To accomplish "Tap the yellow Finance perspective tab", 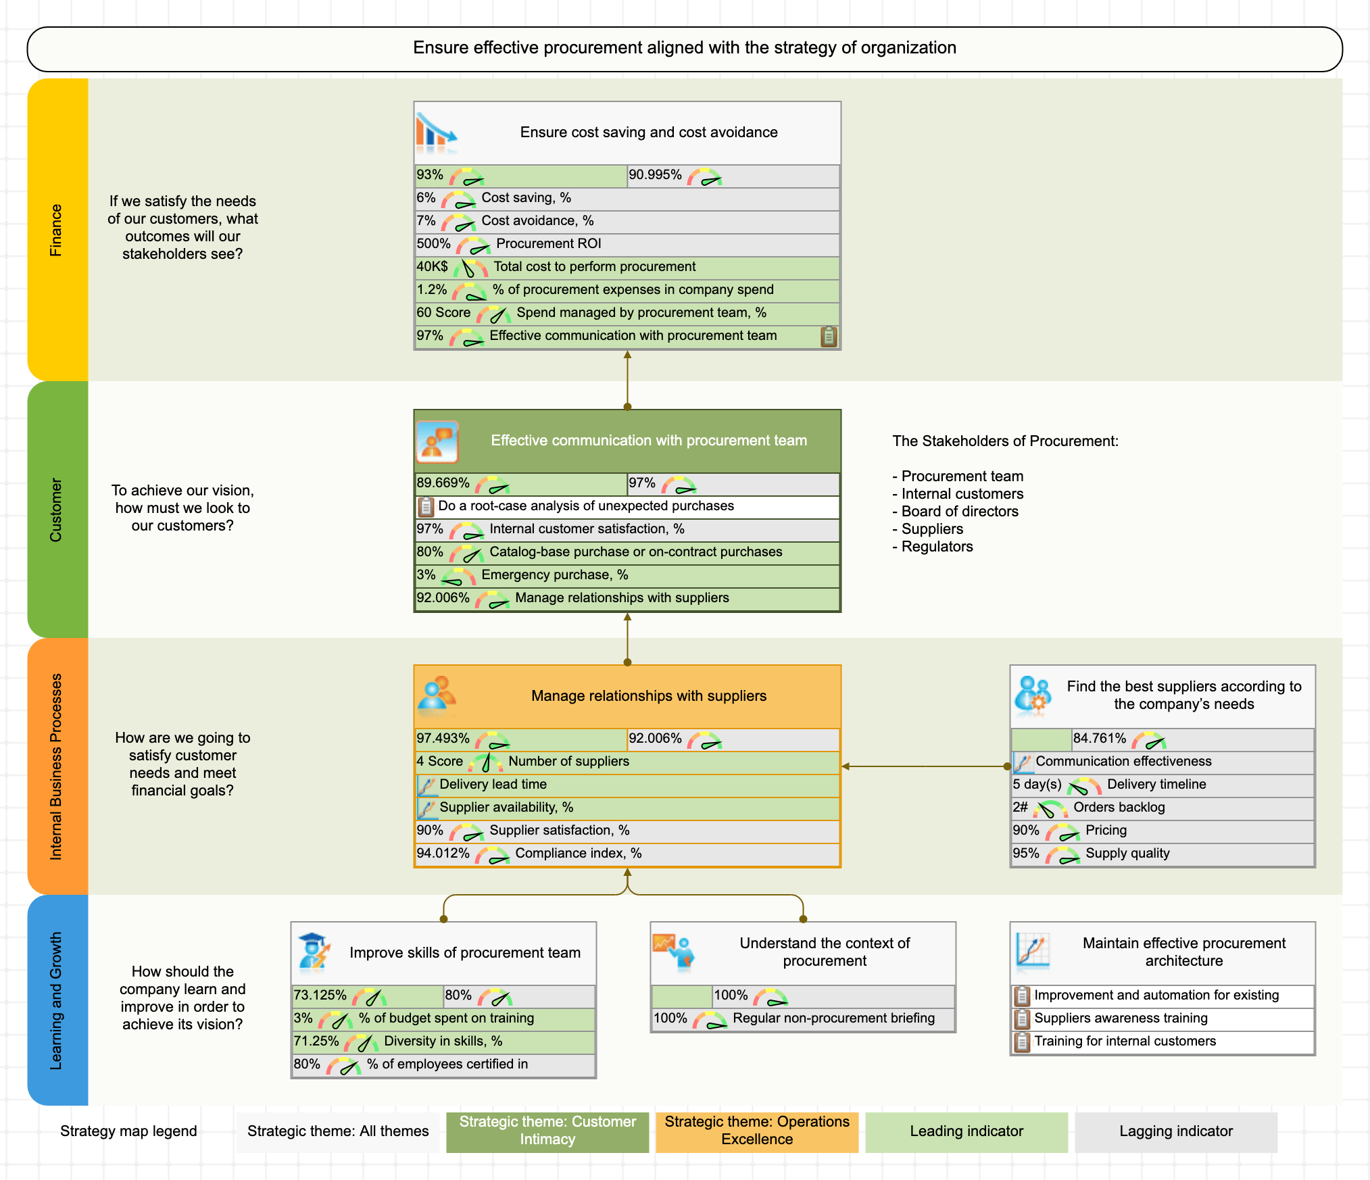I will (x=57, y=230).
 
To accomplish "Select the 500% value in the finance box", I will (x=433, y=244).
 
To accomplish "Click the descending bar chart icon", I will (x=436, y=132).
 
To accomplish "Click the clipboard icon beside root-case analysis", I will (x=426, y=506).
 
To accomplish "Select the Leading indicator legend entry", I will (x=966, y=1131).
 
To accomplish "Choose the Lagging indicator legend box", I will (x=1175, y=1131).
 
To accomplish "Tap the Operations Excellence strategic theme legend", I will (x=756, y=1131).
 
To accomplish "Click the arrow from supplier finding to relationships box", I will (x=926, y=766).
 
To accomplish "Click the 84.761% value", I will (x=1099, y=739).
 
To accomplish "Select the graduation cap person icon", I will (x=314, y=952).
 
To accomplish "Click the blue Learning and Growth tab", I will (x=57, y=1000).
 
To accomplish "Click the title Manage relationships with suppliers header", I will (x=648, y=696).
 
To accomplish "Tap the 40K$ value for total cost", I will (x=432, y=267).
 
